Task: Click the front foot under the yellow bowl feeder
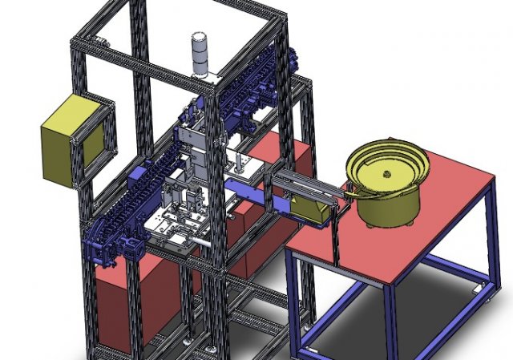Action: point(370,224)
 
